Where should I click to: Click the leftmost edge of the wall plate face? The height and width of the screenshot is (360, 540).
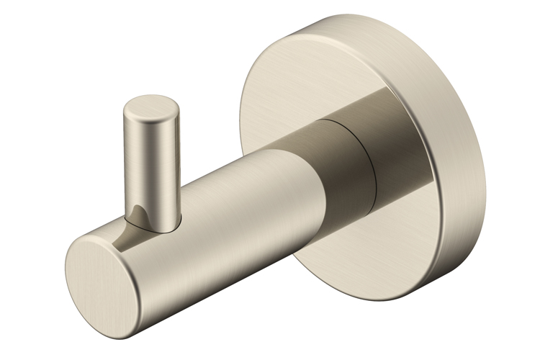coord(240,122)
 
